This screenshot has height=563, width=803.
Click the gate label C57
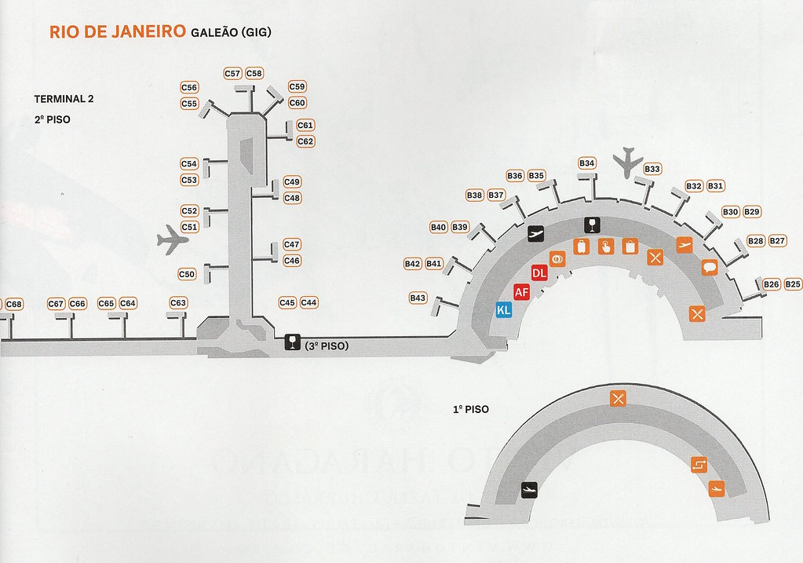pos(232,73)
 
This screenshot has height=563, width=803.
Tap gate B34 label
pos(587,163)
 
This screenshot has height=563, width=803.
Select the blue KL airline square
pos(503,310)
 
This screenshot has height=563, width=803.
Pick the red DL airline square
pos(539,273)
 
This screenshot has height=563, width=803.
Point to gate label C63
pos(178,303)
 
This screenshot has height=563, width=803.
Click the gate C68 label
pos(14,304)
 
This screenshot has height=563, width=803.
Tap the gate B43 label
pos(418,298)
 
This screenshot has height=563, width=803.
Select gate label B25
pos(793,284)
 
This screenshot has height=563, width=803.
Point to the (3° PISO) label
pos(327,345)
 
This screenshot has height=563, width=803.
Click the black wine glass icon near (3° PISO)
pos(292,342)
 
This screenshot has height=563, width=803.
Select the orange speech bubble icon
pos(710,267)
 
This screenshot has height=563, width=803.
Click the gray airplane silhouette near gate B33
pos(629,162)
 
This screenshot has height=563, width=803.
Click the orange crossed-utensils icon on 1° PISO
pos(618,399)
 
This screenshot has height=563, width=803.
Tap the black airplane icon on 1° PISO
pos(531,489)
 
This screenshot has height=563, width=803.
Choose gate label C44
pos(308,302)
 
